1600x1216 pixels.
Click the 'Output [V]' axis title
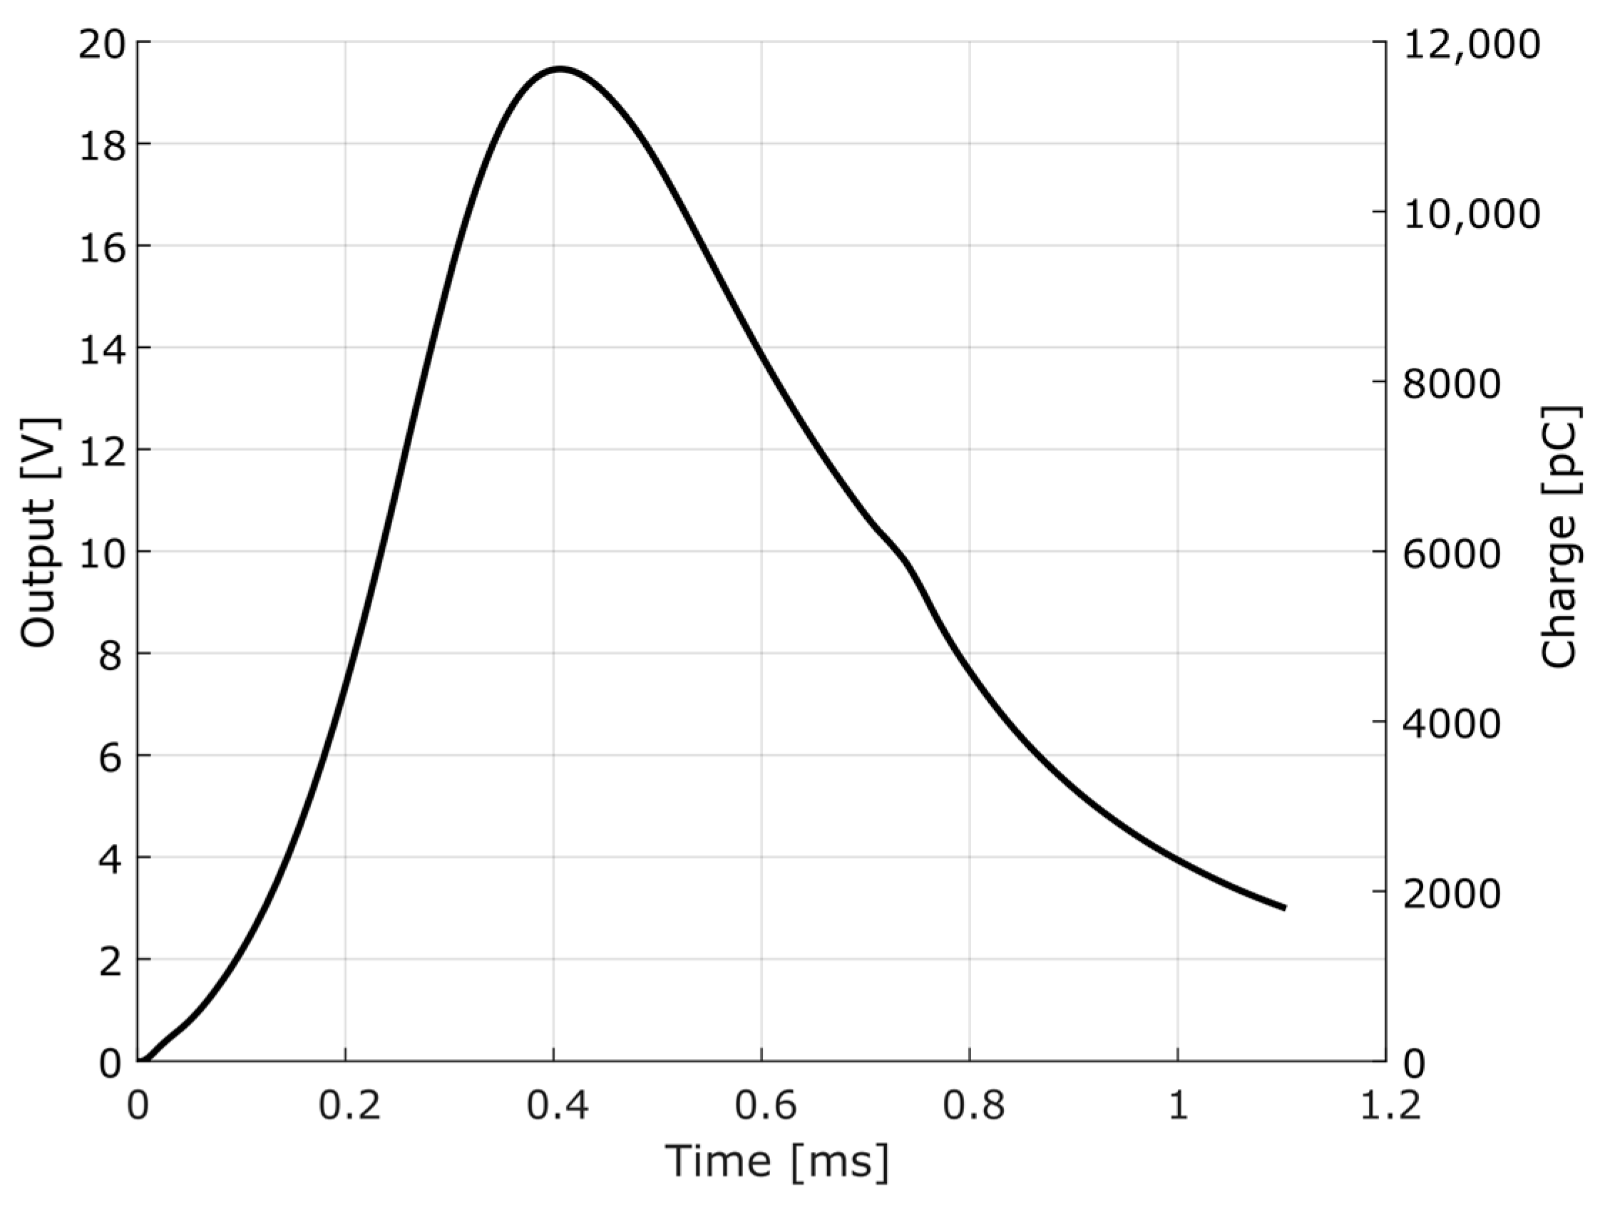[x=38, y=532]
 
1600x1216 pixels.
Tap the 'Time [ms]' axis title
[x=776, y=1161]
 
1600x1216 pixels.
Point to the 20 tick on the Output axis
[x=101, y=43]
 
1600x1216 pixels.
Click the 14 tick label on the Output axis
[x=101, y=348]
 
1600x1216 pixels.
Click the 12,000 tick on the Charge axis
[x=1471, y=44]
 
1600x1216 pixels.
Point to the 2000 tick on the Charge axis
[x=1452, y=894]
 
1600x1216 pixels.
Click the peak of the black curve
[x=560, y=69]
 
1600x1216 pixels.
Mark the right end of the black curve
[x=1284, y=907]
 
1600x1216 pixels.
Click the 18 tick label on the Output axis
[x=101, y=144]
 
